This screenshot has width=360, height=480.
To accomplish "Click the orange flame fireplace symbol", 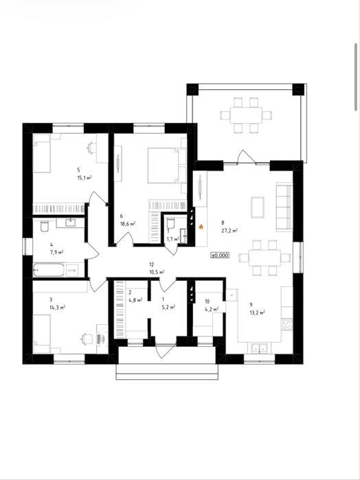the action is (x=201, y=227).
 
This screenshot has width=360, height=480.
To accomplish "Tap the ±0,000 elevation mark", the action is (x=220, y=255).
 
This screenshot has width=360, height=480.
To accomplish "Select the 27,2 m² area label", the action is (x=229, y=231).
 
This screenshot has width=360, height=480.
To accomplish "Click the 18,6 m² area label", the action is (x=128, y=224).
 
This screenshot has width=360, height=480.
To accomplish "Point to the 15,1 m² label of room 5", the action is (x=85, y=177).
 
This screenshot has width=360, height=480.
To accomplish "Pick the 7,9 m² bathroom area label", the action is (x=57, y=252).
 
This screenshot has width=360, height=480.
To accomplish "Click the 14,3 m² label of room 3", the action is (x=57, y=307).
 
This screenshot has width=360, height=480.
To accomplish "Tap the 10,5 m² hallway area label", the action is (x=157, y=272).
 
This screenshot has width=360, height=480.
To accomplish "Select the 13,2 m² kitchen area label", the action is (x=258, y=312).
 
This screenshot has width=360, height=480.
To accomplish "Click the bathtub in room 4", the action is (x=49, y=270).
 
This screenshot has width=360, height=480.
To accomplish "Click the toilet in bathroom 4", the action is (x=45, y=226).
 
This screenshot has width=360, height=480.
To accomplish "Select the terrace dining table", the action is (x=246, y=115).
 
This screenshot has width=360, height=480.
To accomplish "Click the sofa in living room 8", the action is (x=284, y=207).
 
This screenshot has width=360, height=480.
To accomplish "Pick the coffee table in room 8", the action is (x=258, y=207).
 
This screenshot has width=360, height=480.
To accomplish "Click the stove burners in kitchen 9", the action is (x=287, y=324).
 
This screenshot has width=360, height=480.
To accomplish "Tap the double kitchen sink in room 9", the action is (x=259, y=347).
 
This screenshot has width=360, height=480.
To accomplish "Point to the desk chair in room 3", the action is (x=87, y=339).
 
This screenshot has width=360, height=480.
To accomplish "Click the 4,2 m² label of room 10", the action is (x=212, y=309).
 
